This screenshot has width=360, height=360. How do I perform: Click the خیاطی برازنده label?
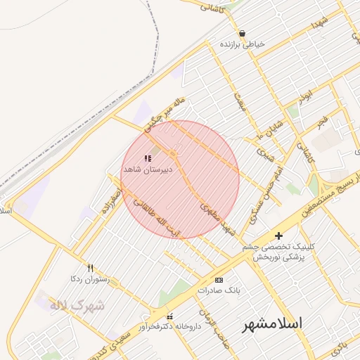[x=243, y=44]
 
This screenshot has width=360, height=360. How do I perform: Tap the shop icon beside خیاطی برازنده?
[x=242, y=33]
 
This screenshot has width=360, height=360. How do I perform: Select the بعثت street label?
[x=240, y=105]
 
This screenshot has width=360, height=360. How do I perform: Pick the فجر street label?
[x=322, y=121]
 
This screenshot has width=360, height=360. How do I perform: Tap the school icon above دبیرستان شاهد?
[x=147, y=159]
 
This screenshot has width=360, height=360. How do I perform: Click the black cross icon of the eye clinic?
[x=279, y=236]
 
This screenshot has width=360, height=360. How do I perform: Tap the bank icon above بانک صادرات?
[x=219, y=279]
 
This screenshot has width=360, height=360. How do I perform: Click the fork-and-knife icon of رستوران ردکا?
[x=90, y=267]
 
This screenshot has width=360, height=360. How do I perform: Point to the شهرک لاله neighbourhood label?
[x=77, y=306]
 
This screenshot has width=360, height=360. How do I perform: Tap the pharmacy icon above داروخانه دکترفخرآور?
[x=169, y=316]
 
